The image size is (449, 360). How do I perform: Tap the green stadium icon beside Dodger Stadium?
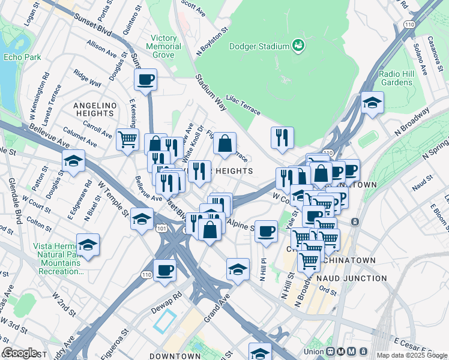point(297,45)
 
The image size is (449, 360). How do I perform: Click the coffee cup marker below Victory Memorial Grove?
point(145,79)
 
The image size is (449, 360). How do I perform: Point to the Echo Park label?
point(21,57)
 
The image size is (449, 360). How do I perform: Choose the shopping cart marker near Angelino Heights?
point(127,140)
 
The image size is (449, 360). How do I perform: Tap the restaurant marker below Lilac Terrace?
point(282,137)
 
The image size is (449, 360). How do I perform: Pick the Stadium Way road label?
point(211,93)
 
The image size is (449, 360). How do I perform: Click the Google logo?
point(20,353)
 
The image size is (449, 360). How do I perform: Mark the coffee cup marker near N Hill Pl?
point(266,231)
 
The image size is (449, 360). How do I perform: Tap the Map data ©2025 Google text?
point(412,355)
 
